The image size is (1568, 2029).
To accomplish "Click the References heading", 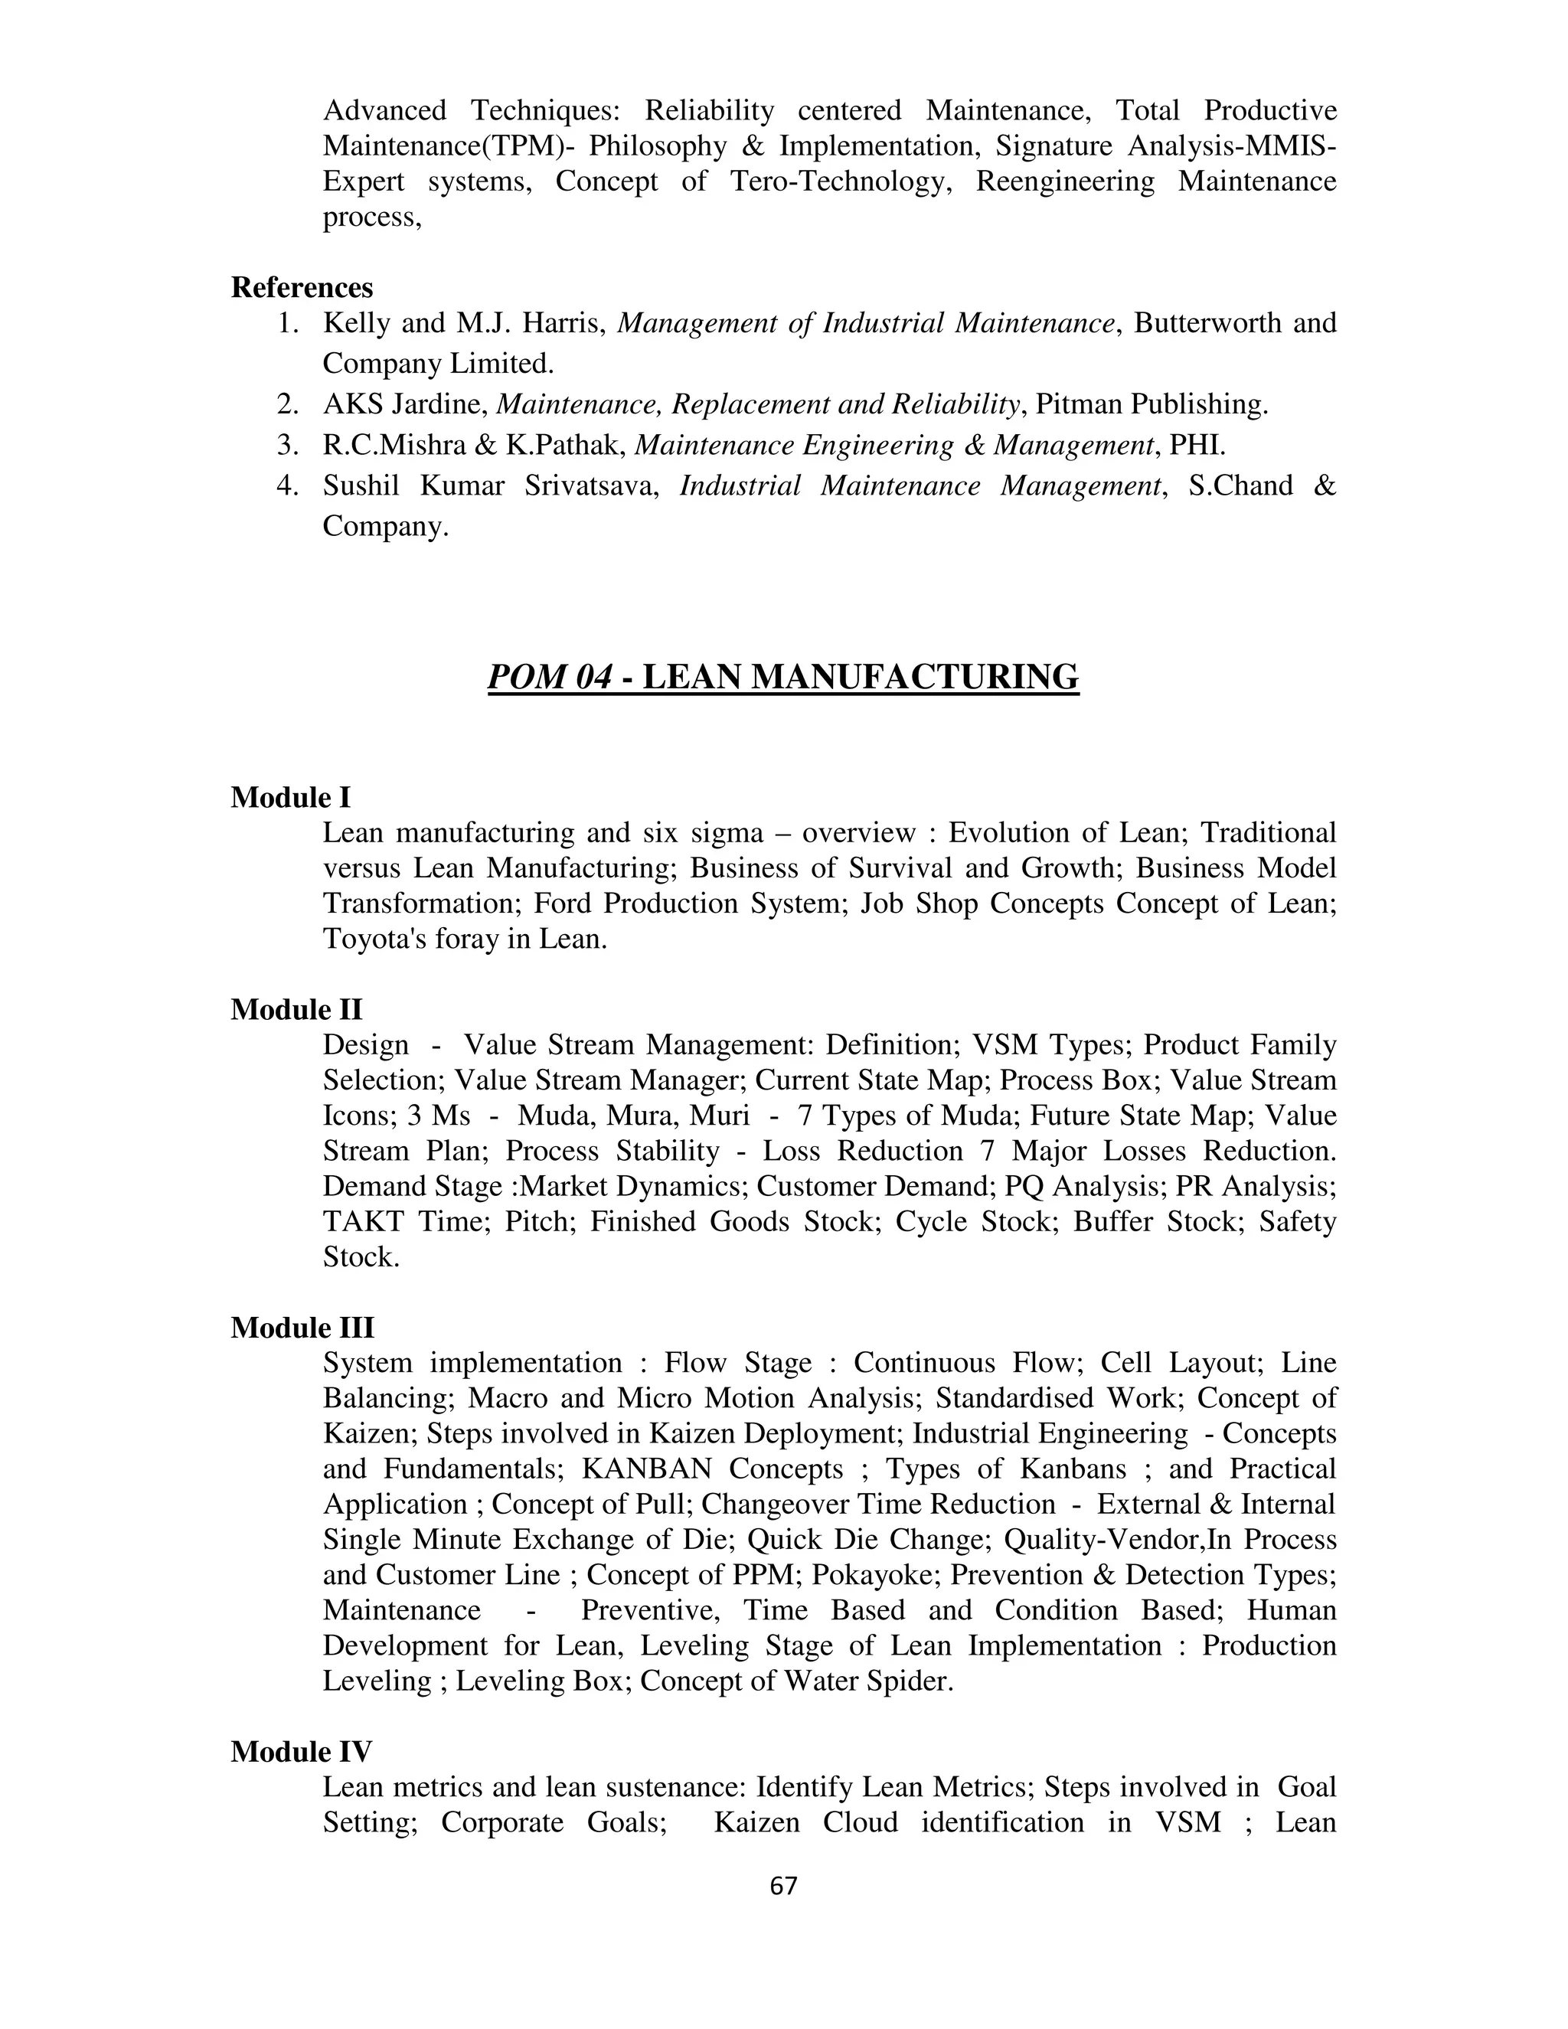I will coord(302,287).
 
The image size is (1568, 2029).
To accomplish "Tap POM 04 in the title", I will coord(550,678).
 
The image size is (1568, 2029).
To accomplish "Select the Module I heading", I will coord(291,797).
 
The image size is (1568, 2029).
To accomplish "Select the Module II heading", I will coord(296,1009).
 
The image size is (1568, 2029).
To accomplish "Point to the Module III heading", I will coord(302,1328).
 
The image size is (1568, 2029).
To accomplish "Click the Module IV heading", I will coord(301,1751).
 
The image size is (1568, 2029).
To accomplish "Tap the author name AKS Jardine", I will coord(405,404).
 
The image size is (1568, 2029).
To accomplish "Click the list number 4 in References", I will coord(288,486).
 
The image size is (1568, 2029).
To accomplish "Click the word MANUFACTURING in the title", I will coord(914,678).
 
